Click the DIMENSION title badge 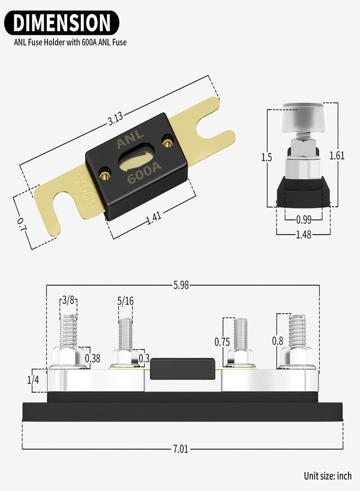62,23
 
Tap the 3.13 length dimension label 115,119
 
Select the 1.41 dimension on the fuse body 154,218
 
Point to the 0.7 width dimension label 22,225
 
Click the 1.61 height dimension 337,155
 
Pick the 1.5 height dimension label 267,157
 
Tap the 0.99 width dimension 304,219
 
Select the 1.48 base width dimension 304,234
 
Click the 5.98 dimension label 181,285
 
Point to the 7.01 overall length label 181,449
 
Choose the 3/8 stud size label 68,300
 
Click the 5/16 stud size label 125,301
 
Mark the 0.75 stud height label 222,342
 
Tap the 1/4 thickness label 33,380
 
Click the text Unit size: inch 328,476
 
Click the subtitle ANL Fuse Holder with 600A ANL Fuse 70,42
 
